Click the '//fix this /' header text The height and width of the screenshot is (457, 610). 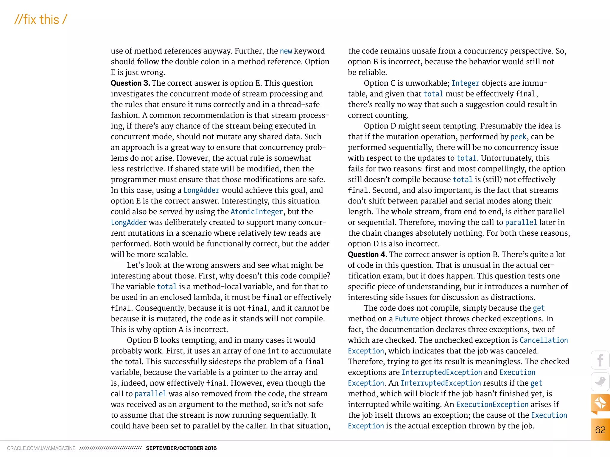point(41,20)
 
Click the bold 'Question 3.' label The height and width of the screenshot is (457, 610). point(130,83)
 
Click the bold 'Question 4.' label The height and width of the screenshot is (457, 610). point(367,254)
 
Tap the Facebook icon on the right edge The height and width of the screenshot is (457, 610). point(600,360)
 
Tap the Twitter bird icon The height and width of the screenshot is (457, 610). point(600,381)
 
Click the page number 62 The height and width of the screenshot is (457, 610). point(600,430)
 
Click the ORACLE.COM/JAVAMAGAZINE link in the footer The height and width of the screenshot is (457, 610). point(41,448)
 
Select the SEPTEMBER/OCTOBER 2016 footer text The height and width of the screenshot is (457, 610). point(181,448)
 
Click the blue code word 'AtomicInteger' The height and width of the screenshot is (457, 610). point(257,212)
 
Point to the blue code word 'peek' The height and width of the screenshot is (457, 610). point(518,137)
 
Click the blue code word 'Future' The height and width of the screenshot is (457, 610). point(407,319)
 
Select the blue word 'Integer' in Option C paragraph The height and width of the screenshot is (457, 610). point(465,83)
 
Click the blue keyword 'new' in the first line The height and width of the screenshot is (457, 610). point(286,51)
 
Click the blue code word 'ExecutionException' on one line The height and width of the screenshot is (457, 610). point(492,404)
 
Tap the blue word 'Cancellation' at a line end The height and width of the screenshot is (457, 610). point(544,340)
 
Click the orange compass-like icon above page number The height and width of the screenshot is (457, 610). point(600,403)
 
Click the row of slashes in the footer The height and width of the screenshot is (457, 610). point(111,448)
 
